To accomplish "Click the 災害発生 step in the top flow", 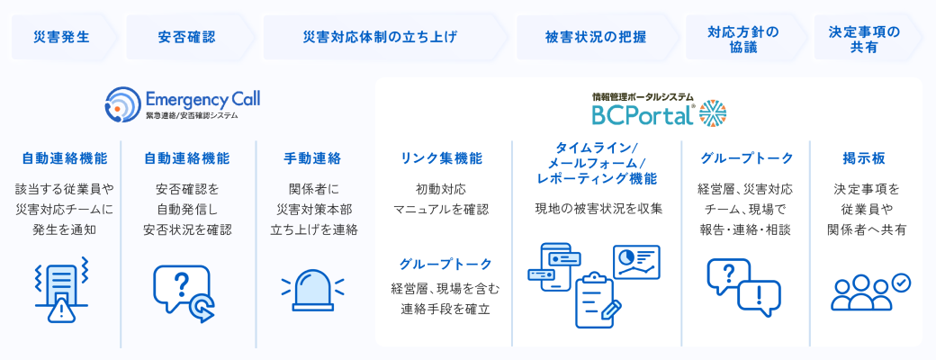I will tap(61, 37).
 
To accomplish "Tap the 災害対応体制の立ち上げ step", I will tap(380, 37).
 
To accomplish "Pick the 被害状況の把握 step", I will tap(595, 37).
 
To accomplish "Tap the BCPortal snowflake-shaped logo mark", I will tap(712, 113).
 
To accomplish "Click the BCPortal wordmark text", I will tap(642, 115).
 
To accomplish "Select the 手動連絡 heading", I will tap(312, 158).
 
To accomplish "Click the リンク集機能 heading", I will tap(441, 158).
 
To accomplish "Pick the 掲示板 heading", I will tap(864, 158).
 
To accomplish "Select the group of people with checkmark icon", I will tap(869, 291).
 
